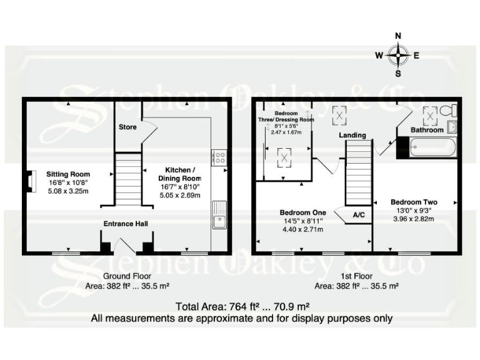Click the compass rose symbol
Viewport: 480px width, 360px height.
[398, 54]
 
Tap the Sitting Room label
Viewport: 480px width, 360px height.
[69, 174]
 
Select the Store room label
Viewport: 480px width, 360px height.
[128, 127]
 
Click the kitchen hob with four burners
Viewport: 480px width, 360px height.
[219, 157]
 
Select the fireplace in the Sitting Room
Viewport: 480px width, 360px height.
[29, 179]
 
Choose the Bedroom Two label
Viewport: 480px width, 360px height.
[413, 202]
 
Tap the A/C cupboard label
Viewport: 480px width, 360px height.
[359, 214]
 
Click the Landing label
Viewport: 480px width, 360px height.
[352, 135]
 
